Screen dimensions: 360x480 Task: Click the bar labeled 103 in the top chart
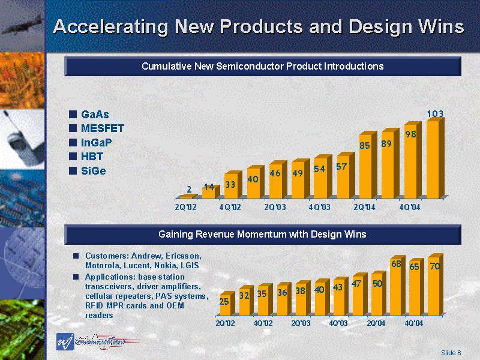[433, 159]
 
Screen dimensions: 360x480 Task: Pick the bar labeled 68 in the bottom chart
[396, 294]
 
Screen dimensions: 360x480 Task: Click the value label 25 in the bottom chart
[224, 302]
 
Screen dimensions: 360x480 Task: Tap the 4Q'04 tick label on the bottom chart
[414, 323]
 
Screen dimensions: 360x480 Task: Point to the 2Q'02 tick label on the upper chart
[185, 207]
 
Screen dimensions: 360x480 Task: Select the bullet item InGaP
[97, 142]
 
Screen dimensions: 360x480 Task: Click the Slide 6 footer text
[451, 352]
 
